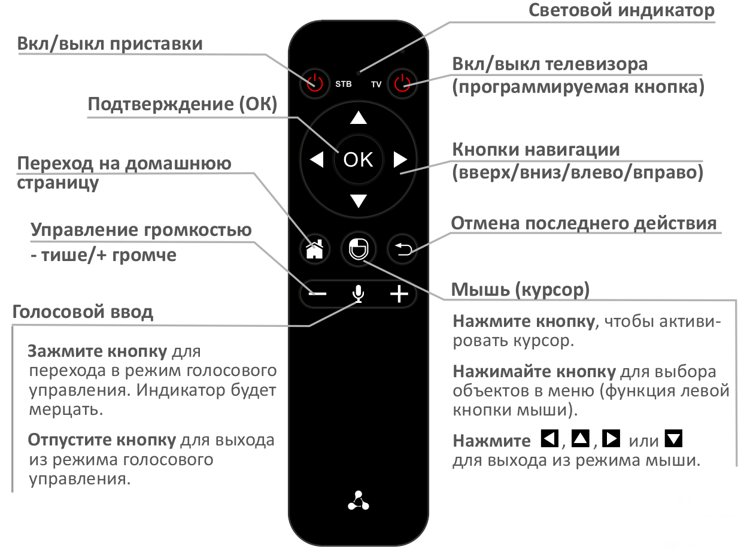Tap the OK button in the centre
click(358, 159)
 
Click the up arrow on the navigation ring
click(358, 117)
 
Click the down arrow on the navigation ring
click(358, 201)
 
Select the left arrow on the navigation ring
click(316, 159)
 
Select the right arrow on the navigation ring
click(400, 159)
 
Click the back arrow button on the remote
click(402, 248)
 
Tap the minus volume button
click(318, 294)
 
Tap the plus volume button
click(399, 294)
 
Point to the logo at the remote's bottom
click(358, 501)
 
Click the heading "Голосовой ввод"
click(82, 312)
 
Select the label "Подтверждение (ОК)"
click(183, 104)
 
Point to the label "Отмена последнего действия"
click(584, 223)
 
